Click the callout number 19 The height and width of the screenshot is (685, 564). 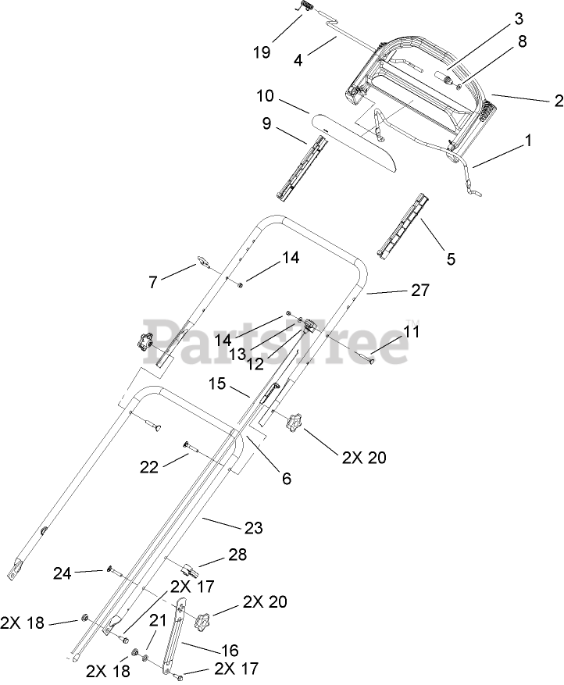click(x=262, y=52)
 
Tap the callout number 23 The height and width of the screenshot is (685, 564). click(x=252, y=528)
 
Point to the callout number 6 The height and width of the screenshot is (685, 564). click(x=287, y=479)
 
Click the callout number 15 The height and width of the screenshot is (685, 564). click(x=217, y=384)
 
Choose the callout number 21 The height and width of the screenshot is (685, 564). click(x=158, y=621)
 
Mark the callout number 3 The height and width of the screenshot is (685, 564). click(x=452, y=17)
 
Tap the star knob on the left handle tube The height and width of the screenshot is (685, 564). click(x=144, y=341)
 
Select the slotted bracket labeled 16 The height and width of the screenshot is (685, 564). click(x=176, y=637)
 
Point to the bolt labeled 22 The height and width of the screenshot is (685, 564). click(x=192, y=447)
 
